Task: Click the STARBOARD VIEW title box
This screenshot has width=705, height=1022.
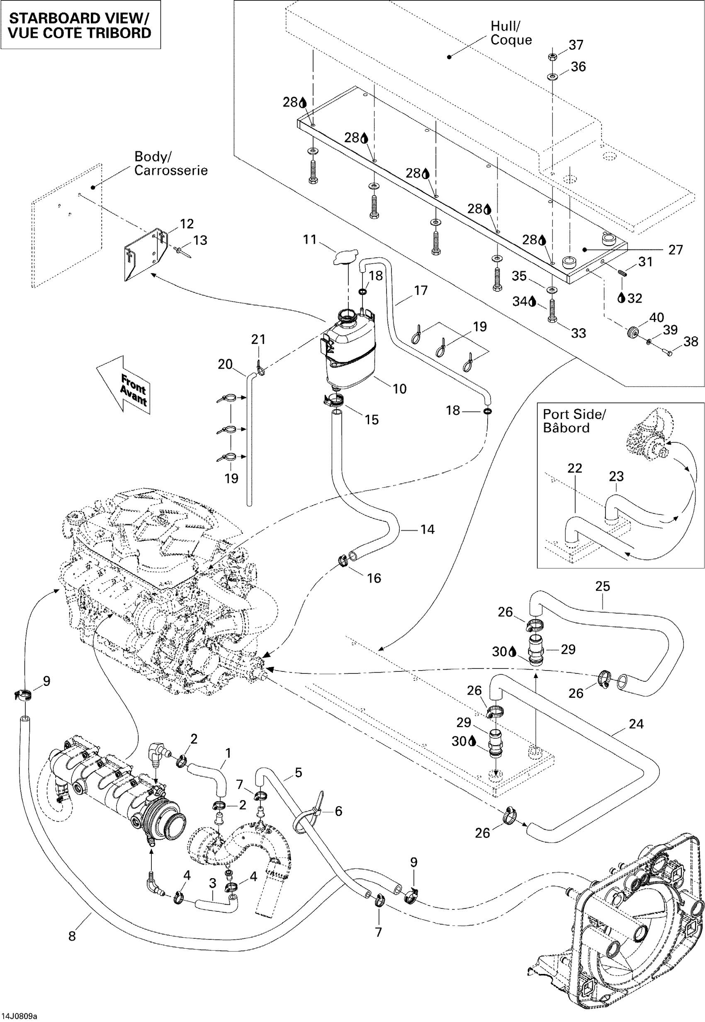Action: tap(80, 25)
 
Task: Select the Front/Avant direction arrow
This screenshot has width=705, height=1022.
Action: tap(124, 385)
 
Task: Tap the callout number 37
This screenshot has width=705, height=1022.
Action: tap(576, 45)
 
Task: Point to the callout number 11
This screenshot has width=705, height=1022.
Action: tap(310, 239)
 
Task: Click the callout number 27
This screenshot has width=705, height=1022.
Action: tap(676, 250)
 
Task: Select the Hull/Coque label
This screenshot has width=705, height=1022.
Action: tap(511, 33)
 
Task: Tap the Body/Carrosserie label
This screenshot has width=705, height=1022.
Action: tap(170, 163)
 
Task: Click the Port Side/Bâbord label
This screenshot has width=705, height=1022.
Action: tap(574, 421)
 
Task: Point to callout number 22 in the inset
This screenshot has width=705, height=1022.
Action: tap(575, 468)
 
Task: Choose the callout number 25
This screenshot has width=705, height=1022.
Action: tap(603, 586)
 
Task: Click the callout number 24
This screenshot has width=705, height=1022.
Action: tap(636, 724)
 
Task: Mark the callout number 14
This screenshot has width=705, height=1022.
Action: tap(427, 529)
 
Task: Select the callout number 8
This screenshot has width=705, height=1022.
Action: tap(72, 936)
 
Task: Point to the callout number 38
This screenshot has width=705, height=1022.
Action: tap(691, 341)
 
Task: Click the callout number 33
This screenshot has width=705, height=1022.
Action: tap(578, 333)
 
